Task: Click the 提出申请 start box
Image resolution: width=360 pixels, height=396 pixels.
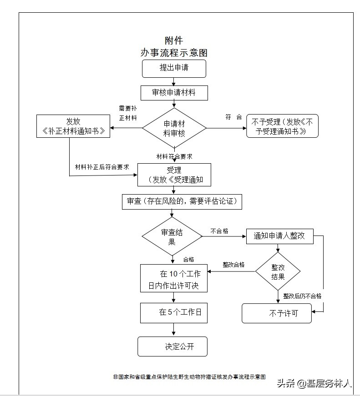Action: pos(174,68)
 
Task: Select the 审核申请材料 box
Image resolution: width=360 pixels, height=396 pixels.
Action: pos(174,93)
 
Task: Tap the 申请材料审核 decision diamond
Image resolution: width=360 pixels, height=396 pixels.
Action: pos(174,128)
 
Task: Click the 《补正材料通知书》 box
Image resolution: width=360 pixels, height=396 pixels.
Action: pos(73,126)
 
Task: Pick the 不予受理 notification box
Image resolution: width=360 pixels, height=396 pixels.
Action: pos(282,126)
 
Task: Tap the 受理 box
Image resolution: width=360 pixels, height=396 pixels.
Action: pos(174,175)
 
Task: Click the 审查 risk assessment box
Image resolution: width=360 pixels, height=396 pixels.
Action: pos(182,201)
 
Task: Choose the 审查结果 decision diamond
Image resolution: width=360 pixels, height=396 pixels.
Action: pos(172,236)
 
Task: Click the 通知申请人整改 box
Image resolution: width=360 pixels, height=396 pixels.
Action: pos(279,236)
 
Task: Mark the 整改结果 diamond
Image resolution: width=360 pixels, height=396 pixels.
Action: pos(278,271)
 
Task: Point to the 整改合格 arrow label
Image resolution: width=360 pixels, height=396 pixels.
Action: pos(233,265)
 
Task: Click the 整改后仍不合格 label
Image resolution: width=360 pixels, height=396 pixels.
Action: pos(302,296)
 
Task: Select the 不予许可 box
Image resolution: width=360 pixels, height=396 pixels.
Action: pos(277,313)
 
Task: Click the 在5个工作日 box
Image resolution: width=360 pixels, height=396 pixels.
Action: pos(174,312)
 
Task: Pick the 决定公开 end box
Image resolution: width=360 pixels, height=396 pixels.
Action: pos(172,346)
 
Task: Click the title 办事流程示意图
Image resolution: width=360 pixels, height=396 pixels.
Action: pos(174,52)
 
